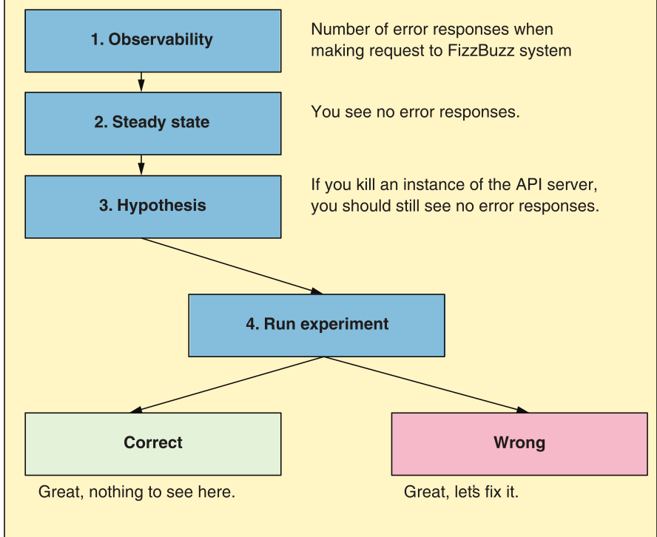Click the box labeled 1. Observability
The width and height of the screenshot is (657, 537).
[152, 40]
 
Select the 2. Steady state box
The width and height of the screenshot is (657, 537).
[152, 123]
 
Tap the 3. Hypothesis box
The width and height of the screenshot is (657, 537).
[152, 206]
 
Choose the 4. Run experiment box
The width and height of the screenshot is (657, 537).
[317, 324]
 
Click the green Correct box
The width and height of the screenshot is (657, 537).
[152, 443]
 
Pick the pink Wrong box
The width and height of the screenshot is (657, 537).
[519, 443]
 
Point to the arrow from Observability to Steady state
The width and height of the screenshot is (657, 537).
[141, 81]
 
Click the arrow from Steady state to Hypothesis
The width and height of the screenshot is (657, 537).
[141, 164]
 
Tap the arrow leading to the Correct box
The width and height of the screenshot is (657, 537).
[229, 384]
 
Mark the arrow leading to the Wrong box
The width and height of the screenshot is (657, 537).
[425, 384]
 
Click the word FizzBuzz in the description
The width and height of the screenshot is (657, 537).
[476, 51]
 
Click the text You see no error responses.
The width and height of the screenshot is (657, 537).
[415, 112]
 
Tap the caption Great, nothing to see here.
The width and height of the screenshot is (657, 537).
[137, 492]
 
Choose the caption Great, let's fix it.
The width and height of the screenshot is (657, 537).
[461, 492]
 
